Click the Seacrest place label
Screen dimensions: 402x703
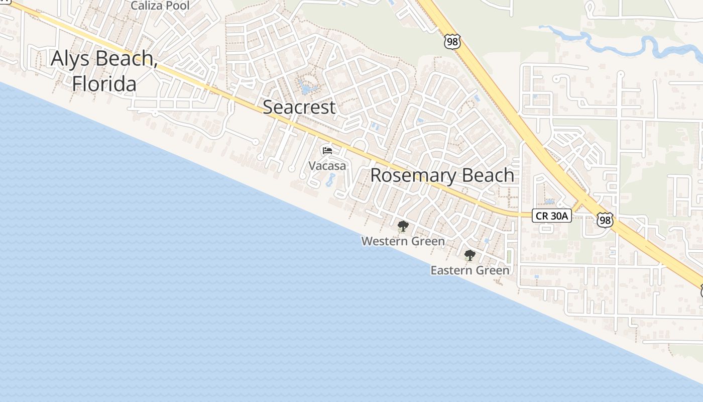(299, 107)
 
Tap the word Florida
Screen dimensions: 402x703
(104, 83)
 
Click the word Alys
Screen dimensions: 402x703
(71, 59)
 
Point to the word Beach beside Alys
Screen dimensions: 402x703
(126, 59)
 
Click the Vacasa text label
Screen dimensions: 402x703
(327, 165)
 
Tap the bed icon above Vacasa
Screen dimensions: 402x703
(327, 150)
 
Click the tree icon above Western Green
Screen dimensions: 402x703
(403, 226)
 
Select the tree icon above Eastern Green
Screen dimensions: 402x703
(470, 255)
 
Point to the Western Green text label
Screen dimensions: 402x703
(403, 241)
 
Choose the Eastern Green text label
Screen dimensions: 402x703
(470, 270)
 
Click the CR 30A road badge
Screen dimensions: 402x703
(551, 216)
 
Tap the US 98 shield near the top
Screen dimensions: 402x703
(452, 42)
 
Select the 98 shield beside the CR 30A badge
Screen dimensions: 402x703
(605, 220)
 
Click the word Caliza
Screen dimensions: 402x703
(146, 6)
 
